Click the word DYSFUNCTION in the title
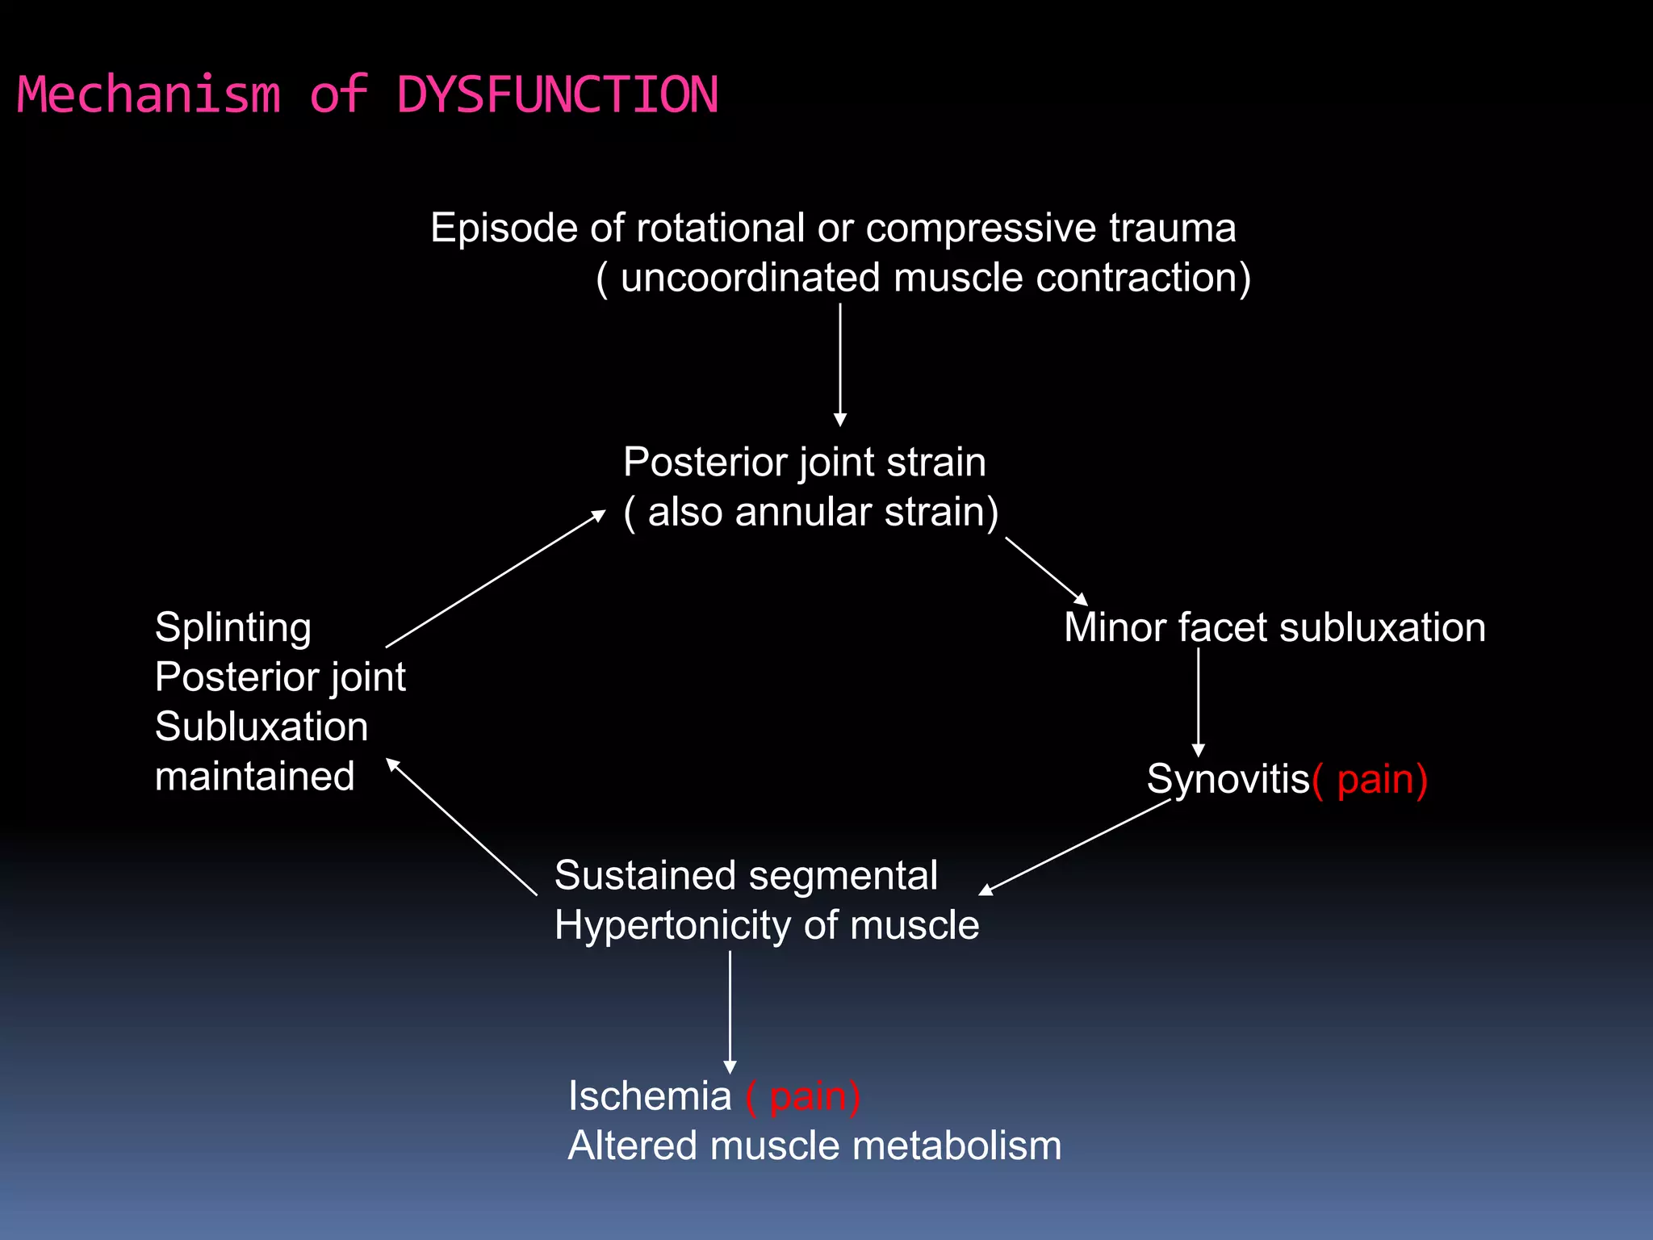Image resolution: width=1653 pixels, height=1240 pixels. pos(557,95)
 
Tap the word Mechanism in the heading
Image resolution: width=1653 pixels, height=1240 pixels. pos(149,95)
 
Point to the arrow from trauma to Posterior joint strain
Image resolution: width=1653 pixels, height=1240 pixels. pos(840,363)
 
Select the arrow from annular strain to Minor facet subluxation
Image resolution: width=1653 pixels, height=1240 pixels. pos(1046,571)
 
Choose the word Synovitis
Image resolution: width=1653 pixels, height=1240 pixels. pos(1227,780)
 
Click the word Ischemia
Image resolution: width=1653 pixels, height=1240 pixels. pos(649,1097)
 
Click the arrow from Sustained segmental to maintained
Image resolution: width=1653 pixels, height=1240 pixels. pos(462,827)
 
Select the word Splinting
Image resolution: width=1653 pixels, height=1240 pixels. pos(232,628)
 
